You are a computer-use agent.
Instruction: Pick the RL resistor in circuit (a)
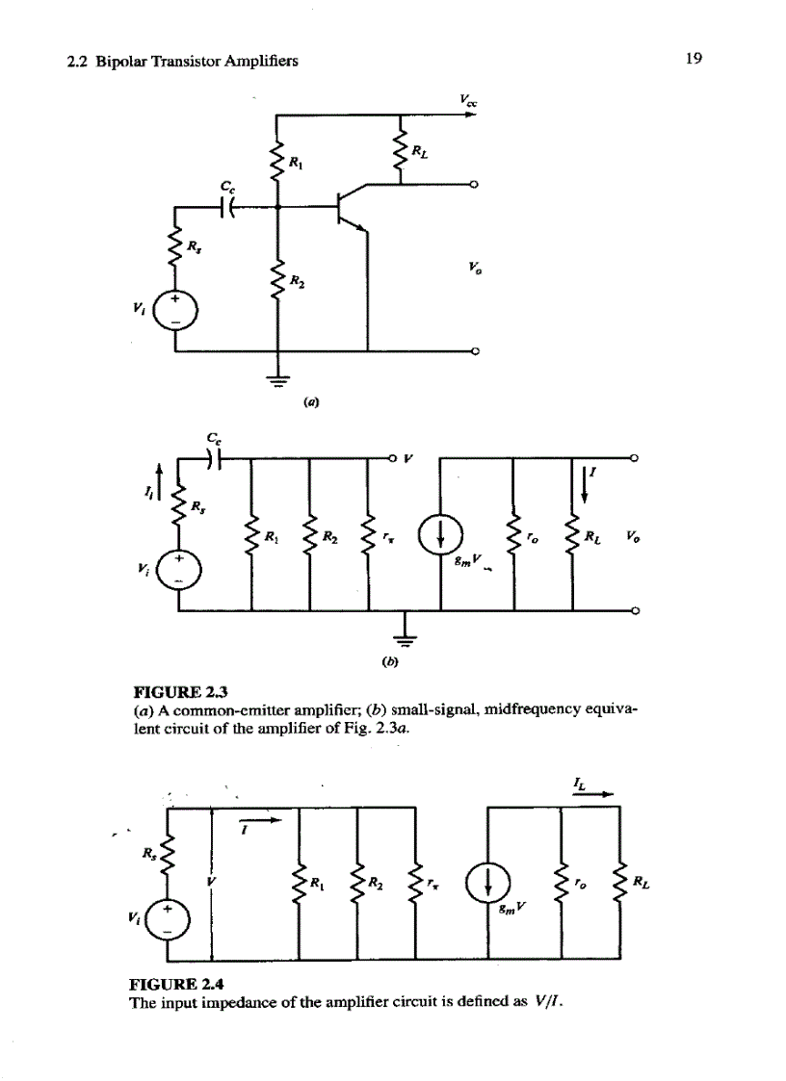click(402, 150)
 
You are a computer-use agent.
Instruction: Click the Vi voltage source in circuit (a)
click(175, 308)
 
